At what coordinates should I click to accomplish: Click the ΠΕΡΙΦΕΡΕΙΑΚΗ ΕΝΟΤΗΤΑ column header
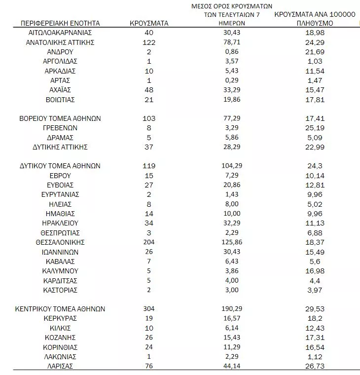click(x=60, y=23)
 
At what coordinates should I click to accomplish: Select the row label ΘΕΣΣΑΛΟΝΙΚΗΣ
click(x=60, y=242)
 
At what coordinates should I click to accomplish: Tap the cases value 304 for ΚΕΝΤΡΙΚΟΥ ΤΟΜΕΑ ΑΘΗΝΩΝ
click(x=148, y=309)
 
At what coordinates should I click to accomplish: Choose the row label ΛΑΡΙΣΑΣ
click(x=60, y=366)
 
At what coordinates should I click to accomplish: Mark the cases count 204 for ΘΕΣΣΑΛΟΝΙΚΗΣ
click(x=148, y=242)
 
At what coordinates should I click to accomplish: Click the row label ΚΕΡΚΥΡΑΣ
click(x=60, y=319)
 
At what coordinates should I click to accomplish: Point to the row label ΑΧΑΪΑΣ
click(x=60, y=90)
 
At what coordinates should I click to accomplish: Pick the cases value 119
click(x=148, y=166)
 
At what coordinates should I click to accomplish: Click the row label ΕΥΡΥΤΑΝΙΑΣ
click(x=60, y=195)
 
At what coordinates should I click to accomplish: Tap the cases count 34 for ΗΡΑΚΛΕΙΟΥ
click(x=148, y=223)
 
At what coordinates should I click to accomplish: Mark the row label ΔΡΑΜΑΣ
click(x=60, y=138)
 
